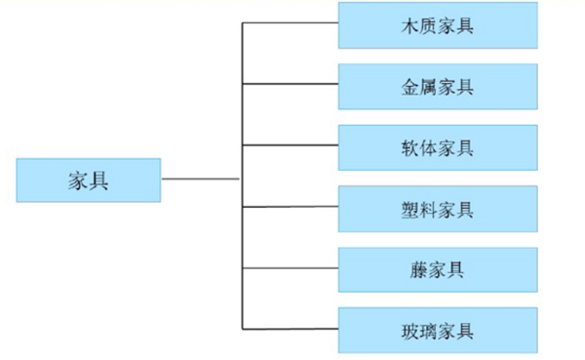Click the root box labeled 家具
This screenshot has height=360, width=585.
pyautogui.click(x=88, y=180)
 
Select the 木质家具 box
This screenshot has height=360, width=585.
pyautogui.click(x=437, y=25)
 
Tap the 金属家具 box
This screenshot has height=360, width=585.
pyautogui.click(x=437, y=87)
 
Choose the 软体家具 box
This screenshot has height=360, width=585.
pyautogui.click(x=437, y=148)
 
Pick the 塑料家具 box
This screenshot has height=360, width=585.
pyautogui.click(x=437, y=209)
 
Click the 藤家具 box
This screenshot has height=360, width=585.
pyautogui.click(x=437, y=270)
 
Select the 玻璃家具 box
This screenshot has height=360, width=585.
pyautogui.click(x=437, y=331)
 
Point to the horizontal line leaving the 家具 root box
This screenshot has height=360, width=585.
pyautogui.click(x=200, y=179)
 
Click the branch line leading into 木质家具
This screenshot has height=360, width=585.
pyautogui.click(x=290, y=23)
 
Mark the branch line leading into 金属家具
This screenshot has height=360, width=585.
pyautogui.click(x=290, y=85)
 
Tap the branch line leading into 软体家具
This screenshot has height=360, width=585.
pyautogui.click(x=290, y=146)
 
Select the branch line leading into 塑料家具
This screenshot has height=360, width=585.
pyautogui.click(x=290, y=207)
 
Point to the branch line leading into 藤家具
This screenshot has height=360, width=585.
pyautogui.click(x=290, y=267)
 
